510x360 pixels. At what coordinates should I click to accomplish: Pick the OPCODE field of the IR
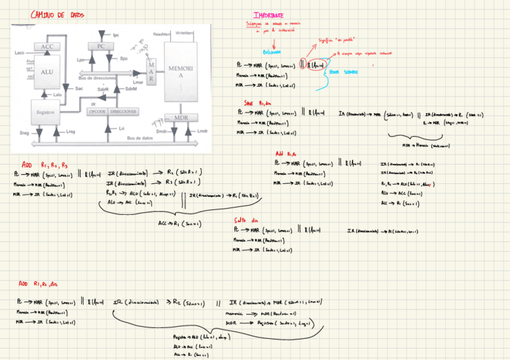[x=97, y=112]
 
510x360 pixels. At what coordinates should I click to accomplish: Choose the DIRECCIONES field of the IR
[x=124, y=112]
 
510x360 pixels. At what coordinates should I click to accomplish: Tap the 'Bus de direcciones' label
[x=97, y=78]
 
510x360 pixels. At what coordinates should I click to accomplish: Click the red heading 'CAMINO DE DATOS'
[x=57, y=14]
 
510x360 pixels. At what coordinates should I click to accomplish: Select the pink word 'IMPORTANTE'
[x=268, y=15]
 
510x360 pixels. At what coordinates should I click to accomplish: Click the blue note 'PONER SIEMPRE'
[x=343, y=72]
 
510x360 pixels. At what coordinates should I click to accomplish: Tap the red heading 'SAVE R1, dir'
[x=257, y=103]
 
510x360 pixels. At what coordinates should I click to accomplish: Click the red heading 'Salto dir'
[x=253, y=220]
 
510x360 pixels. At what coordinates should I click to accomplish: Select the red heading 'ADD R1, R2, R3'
[x=45, y=164]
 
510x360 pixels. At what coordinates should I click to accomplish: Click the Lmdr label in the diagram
[x=202, y=130]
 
